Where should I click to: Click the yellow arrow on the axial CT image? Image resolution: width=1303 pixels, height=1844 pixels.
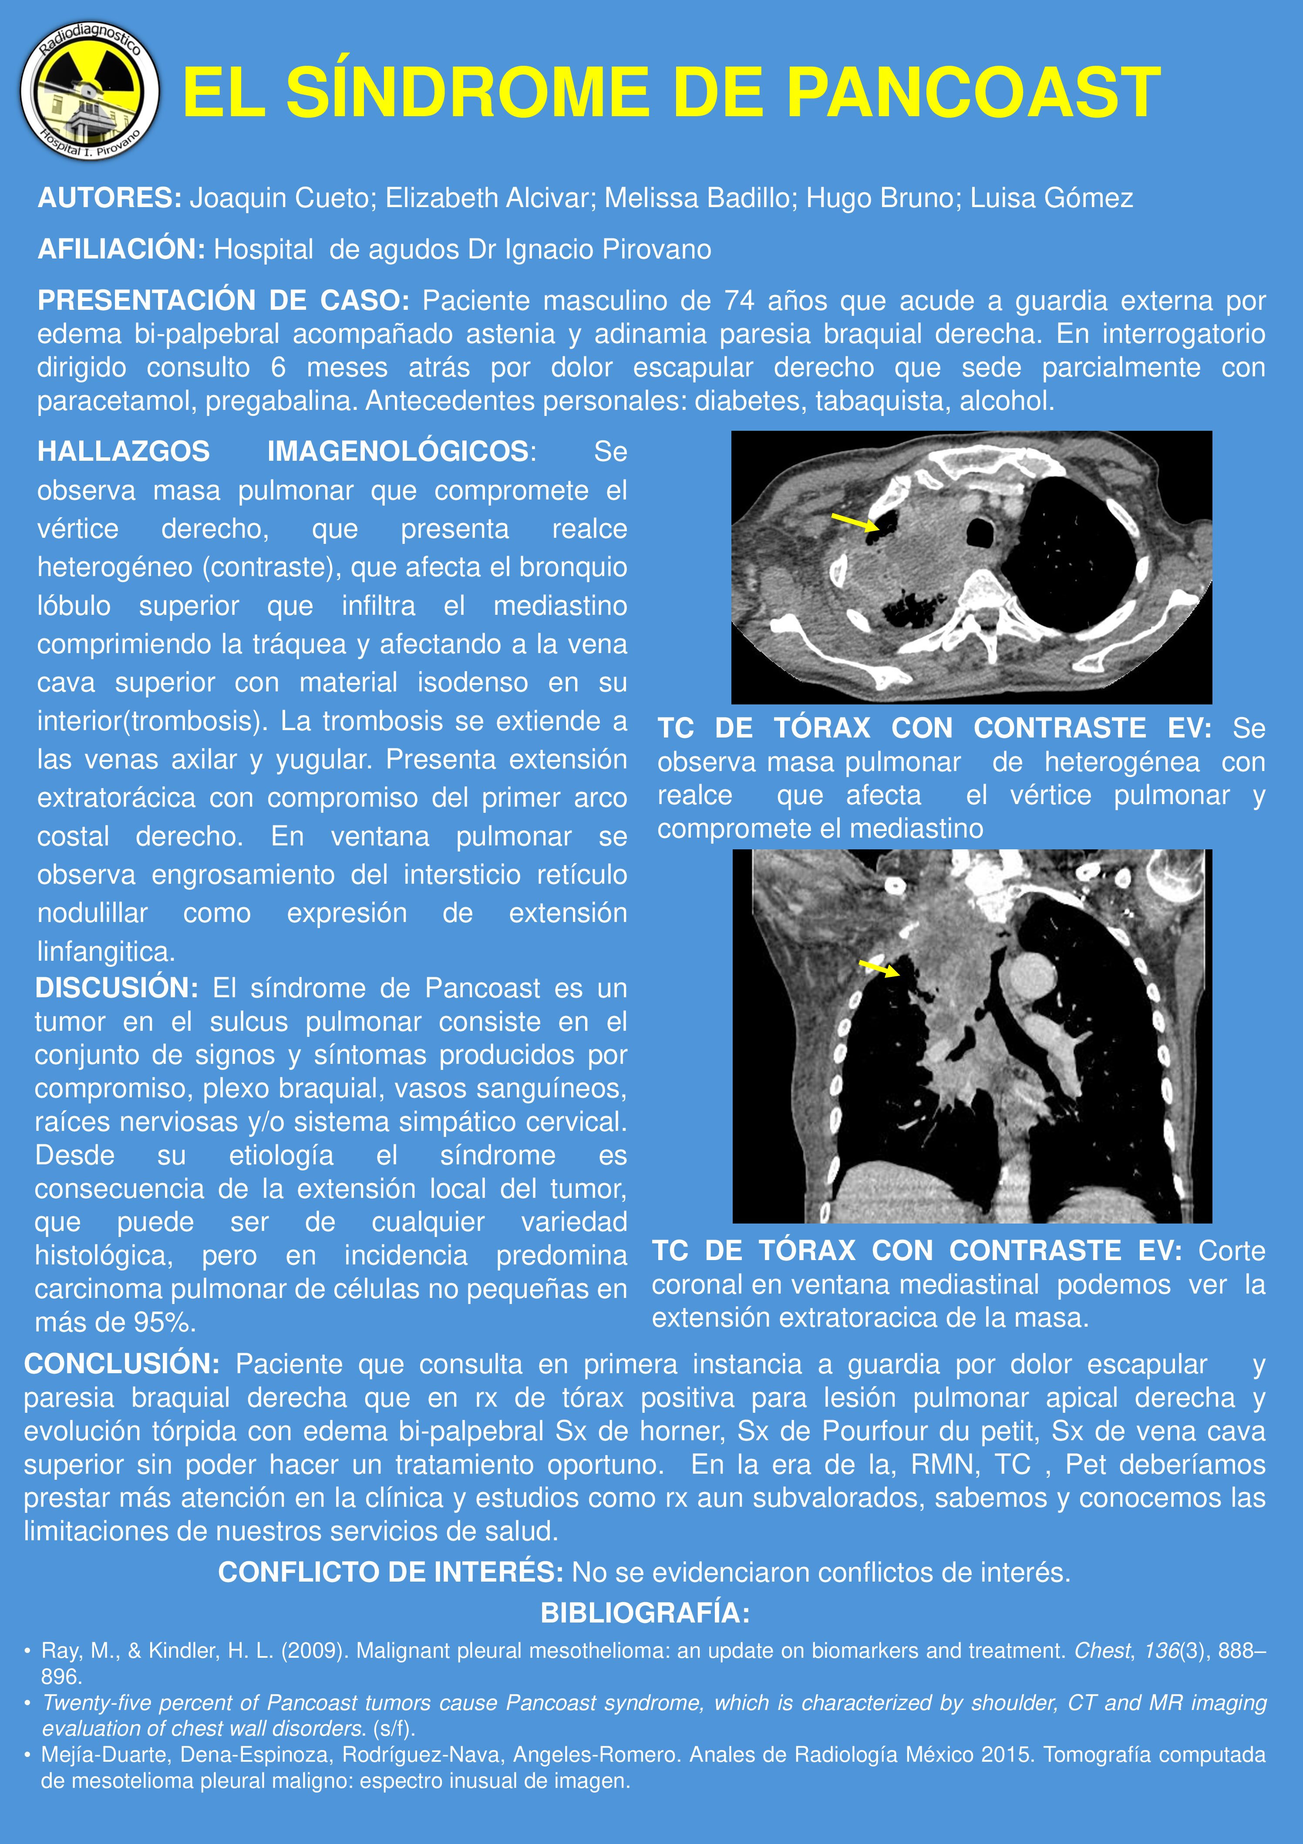click(x=855, y=523)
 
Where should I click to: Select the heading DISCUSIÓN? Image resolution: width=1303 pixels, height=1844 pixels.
click(x=117, y=988)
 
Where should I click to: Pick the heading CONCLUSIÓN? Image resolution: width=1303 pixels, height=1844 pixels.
click(x=122, y=1364)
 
